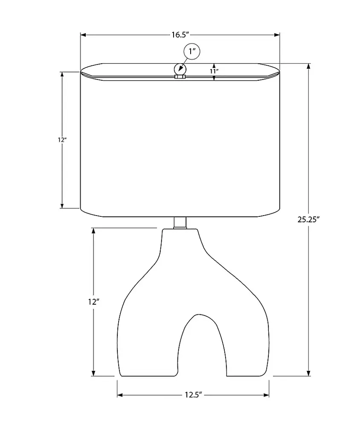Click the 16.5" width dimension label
[x=180, y=35]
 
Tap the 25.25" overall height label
[x=308, y=220]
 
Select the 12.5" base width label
[x=193, y=395]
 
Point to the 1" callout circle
[x=192, y=52]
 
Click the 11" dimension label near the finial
[x=214, y=71]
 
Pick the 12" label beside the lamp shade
[x=61, y=140]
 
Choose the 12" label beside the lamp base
[x=93, y=302]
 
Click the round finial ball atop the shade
[x=180, y=69]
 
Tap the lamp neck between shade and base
[x=180, y=223]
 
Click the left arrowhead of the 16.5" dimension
[x=83, y=35]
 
